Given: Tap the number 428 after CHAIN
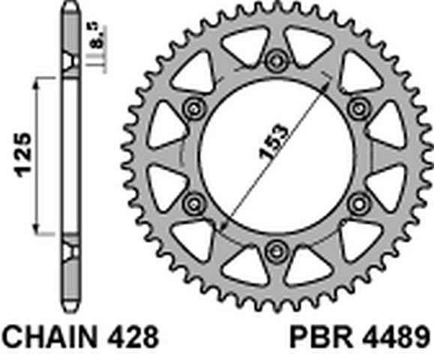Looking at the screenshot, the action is [133, 337].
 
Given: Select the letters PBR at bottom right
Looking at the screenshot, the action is [321, 337].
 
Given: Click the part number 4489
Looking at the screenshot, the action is [396, 337].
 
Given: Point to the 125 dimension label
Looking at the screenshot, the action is [23, 155].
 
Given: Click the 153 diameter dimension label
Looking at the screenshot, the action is [274, 142].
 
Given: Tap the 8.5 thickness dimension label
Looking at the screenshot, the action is [99, 37].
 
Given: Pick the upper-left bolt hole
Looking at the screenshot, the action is [193, 108].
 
